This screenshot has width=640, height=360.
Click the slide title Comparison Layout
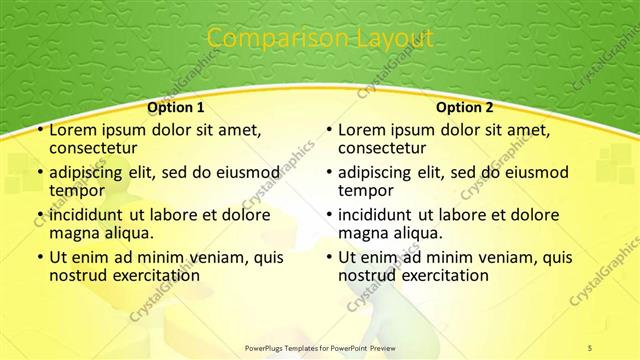coord(319,38)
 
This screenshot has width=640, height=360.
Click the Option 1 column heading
coord(176,107)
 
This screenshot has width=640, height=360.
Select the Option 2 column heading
coord(465,107)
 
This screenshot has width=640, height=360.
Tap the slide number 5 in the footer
coord(590,347)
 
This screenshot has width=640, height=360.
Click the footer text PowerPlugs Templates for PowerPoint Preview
coord(320,347)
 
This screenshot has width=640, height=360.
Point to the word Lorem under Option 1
coord(74,130)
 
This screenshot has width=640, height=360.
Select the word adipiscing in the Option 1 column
coord(86,172)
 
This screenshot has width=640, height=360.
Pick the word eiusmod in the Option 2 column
coord(533,172)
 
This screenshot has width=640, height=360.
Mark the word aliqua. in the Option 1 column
coord(135,233)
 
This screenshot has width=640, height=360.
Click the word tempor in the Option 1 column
coord(78,191)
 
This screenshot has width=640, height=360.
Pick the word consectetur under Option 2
coord(383,149)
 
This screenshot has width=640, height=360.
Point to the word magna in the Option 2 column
coord(363,233)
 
